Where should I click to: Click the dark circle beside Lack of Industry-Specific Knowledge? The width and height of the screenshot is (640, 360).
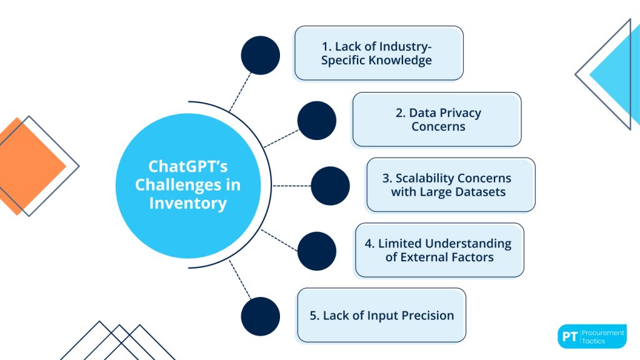[261, 55]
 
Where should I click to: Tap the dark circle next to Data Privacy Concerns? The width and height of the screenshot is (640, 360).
[317, 121]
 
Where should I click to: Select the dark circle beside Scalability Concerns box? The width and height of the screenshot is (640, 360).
[330, 186]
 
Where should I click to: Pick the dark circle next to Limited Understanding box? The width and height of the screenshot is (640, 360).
[317, 251]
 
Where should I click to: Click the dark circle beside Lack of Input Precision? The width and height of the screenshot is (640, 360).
[261, 316]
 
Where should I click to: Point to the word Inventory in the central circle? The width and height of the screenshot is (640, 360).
[187, 203]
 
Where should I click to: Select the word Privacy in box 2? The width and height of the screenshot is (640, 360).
[445, 113]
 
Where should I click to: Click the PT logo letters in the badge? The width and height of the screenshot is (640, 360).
[569, 336]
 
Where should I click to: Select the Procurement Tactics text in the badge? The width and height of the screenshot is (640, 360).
[602, 336]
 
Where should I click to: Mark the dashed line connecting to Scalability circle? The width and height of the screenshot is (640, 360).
[291, 186]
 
